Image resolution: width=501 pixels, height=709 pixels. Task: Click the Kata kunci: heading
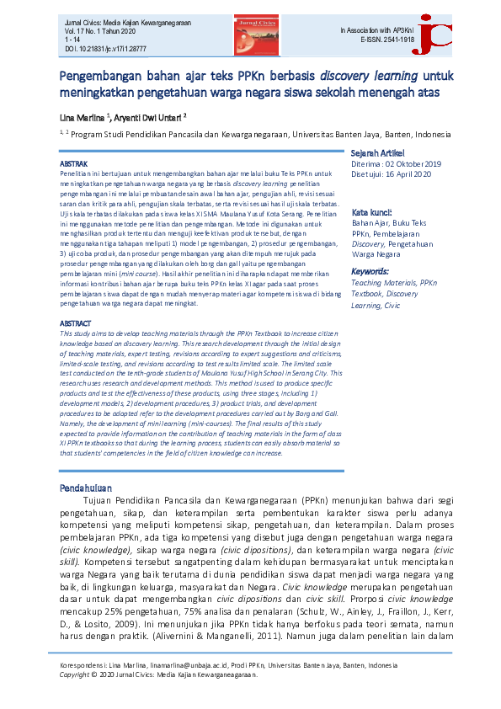click(373, 212)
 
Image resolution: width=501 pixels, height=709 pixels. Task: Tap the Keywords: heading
click(375, 272)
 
